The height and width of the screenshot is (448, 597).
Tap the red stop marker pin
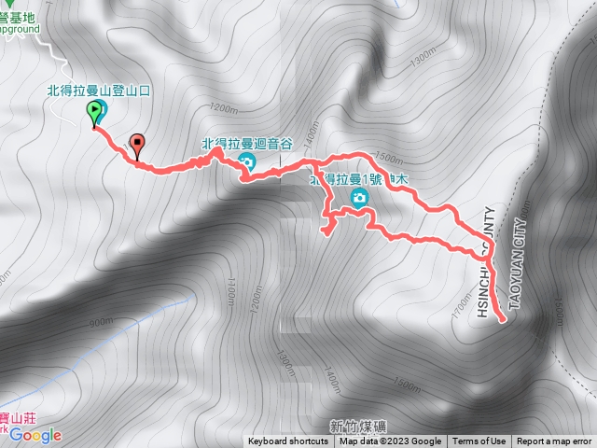139,145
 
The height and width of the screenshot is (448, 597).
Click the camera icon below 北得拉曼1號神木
359,198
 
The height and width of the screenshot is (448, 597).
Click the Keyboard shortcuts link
288,441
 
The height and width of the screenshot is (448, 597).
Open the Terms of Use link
479,441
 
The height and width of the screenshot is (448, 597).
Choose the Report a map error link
554,441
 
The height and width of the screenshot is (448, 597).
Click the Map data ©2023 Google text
390,441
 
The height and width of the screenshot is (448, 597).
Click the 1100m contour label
228,295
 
